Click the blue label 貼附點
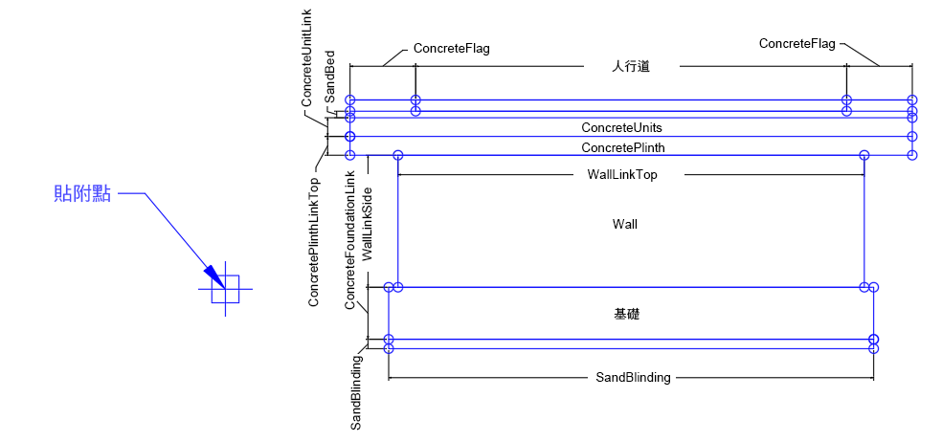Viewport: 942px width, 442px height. coord(82,194)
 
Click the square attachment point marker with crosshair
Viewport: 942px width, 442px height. coord(225,288)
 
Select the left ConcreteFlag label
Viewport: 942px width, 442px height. coord(451,48)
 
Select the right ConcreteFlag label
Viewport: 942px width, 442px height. coord(796,43)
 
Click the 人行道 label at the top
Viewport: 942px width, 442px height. coord(631,66)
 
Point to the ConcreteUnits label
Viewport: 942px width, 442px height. coord(621,127)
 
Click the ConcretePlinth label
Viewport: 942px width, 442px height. coord(622,147)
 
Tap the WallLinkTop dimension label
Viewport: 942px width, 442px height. coord(621,175)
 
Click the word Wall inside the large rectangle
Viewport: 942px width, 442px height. coord(625,224)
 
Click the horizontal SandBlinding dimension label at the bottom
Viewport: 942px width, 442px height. coord(633,378)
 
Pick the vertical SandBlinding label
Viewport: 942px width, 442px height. coord(355,392)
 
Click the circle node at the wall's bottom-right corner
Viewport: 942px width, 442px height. coord(863,287)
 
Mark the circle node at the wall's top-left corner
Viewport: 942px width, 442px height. coord(398,155)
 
